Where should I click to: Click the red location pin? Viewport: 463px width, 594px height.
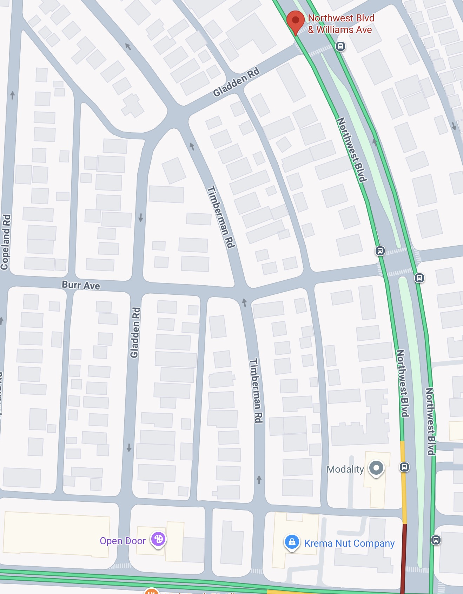point(295,20)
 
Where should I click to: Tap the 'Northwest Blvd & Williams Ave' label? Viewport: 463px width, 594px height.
point(340,24)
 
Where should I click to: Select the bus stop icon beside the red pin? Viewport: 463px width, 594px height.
point(340,46)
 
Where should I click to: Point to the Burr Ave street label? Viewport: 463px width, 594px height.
point(81,285)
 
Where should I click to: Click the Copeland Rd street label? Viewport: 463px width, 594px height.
point(6,242)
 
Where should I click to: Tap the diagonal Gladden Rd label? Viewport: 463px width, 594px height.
point(236,82)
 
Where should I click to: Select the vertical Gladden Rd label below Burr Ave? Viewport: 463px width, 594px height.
point(135,332)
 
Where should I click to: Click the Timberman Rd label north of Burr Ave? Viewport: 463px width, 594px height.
point(221,217)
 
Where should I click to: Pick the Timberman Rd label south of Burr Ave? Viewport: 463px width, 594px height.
point(256,390)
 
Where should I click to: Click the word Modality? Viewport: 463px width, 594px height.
point(345,469)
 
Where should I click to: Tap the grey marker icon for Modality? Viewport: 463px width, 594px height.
point(376,468)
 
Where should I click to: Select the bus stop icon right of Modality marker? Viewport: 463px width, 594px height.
point(404,467)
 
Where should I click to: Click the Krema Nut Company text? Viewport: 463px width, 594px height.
point(349,543)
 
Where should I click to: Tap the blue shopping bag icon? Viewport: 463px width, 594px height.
point(292,542)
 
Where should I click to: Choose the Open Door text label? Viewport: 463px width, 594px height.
point(123,541)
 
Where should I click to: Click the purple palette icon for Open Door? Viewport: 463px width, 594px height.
point(158,539)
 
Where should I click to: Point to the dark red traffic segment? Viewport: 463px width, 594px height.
point(404,558)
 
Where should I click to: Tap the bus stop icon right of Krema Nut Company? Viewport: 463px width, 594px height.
point(436,540)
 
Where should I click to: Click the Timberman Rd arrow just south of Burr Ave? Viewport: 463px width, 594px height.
point(245,302)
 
